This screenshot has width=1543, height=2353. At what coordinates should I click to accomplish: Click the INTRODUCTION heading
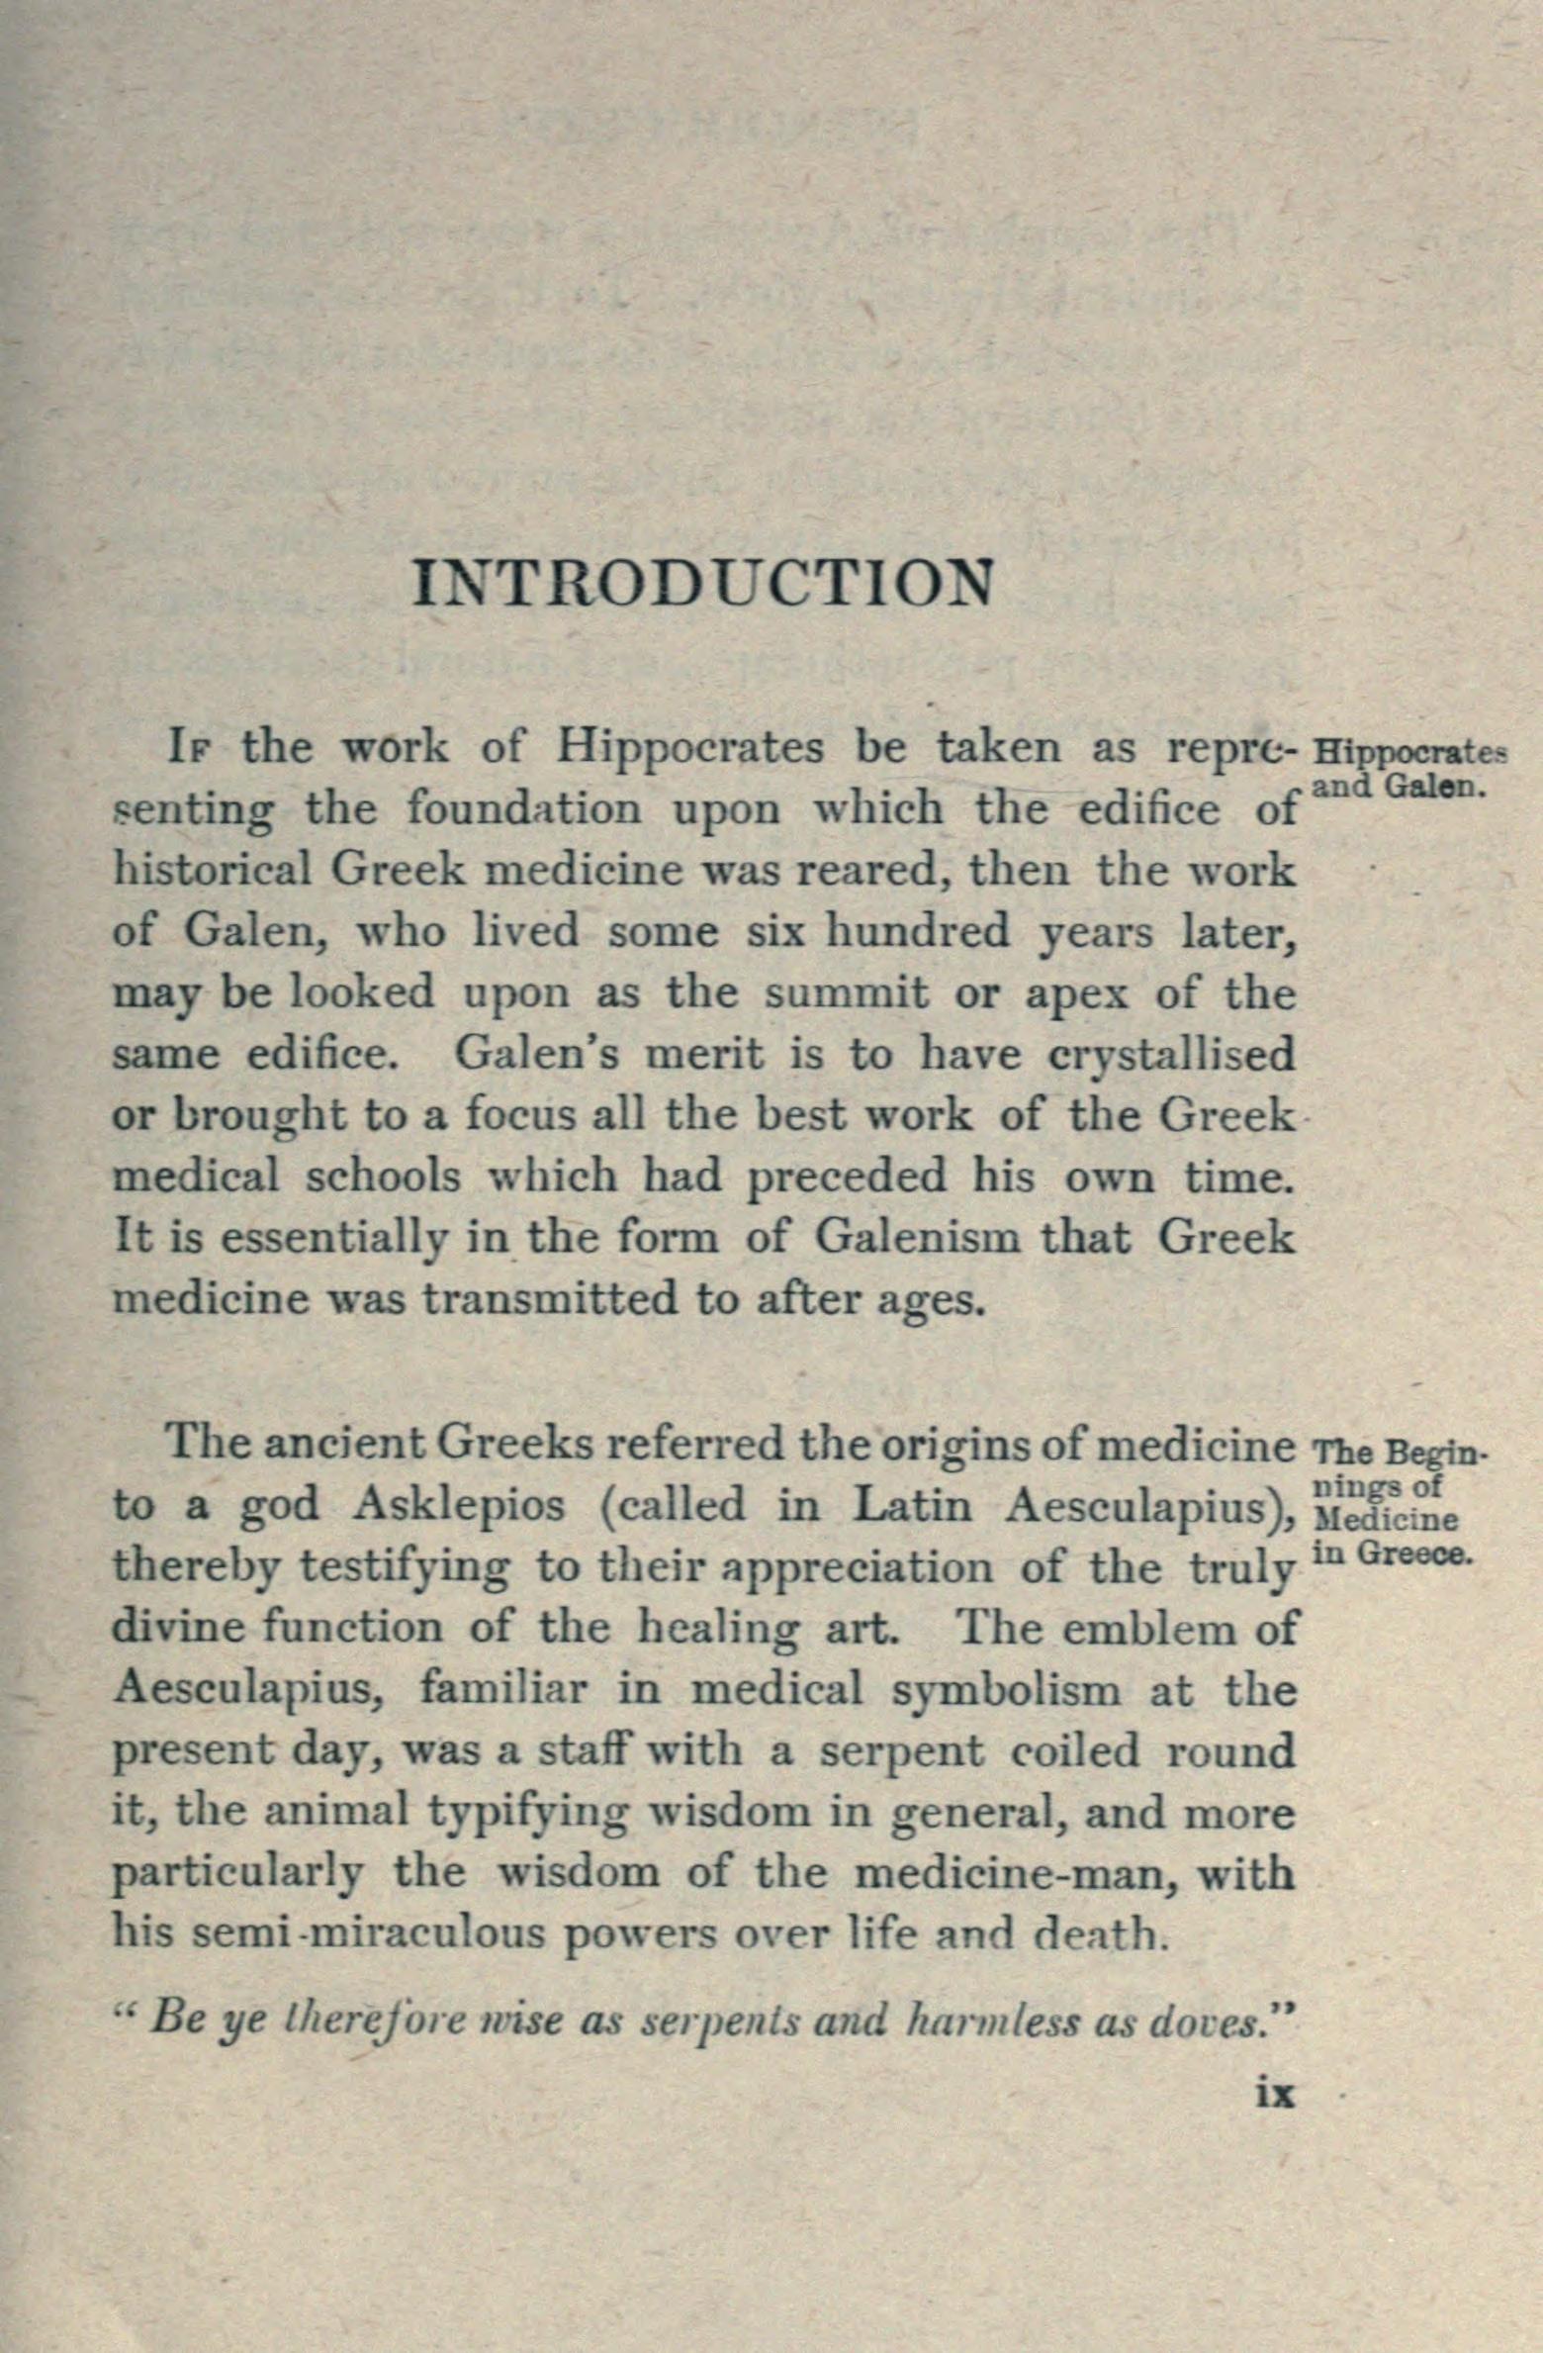(x=703, y=584)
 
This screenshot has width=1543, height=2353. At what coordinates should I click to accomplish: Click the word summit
(x=846, y=993)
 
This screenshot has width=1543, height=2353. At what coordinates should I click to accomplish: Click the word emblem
(x=1147, y=1628)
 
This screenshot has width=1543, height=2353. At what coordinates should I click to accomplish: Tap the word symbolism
(x=1006, y=1690)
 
